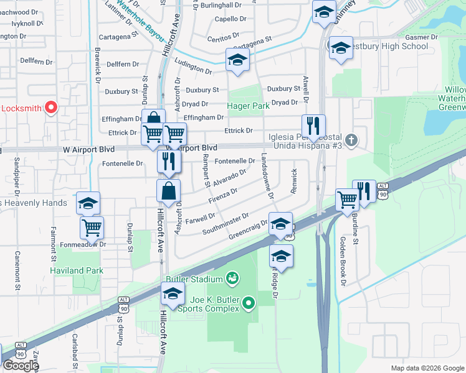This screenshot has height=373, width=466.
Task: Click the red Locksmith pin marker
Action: (51, 108)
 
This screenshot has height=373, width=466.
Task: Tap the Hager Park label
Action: (249, 106)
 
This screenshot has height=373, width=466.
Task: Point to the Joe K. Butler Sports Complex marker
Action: (249, 303)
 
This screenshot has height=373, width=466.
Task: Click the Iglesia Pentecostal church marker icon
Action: (351, 139)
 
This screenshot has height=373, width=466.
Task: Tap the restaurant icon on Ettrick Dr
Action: (313, 126)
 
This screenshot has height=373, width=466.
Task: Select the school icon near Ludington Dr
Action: (237, 60)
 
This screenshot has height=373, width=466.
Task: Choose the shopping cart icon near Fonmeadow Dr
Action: (92, 228)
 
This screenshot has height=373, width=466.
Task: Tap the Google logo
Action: (20, 366)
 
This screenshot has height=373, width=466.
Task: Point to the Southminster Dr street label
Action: (225, 224)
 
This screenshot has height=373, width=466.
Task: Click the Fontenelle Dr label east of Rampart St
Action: (234, 161)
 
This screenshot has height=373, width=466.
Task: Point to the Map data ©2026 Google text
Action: (427, 368)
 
